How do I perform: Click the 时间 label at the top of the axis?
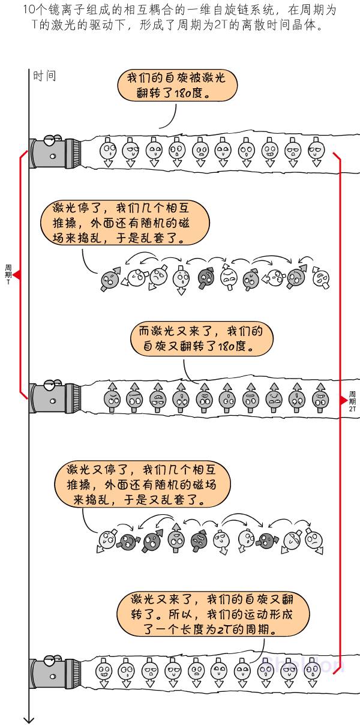click(44, 76)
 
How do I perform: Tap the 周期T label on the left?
click(8, 274)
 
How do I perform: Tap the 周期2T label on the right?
click(353, 398)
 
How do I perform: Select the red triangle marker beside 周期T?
click(17, 275)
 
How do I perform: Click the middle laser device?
click(53, 397)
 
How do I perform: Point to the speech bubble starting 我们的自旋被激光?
click(177, 86)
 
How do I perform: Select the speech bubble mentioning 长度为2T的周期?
click(214, 614)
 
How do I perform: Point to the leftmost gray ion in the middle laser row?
click(112, 397)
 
